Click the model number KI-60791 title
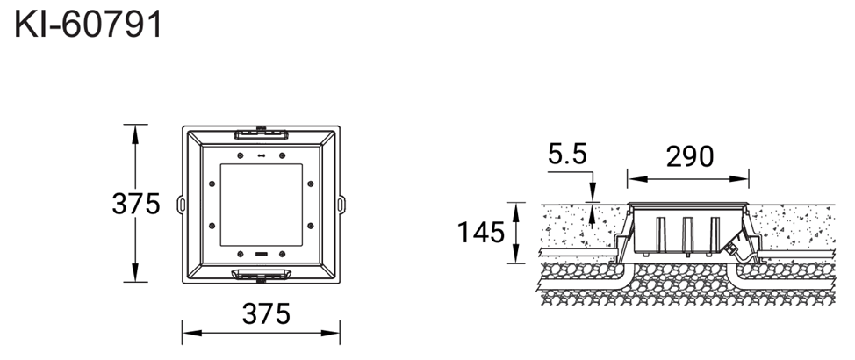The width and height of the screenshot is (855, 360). (89, 24)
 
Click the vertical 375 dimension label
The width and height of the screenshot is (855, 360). (136, 204)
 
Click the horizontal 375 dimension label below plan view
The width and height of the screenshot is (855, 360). (266, 313)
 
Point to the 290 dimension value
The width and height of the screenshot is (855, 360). (690, 156)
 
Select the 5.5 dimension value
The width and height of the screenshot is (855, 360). (568, 154)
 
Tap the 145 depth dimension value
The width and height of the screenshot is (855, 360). (481, 233)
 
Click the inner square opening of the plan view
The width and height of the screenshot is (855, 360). (262, 205)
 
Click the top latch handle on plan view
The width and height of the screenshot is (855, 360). (262, 133)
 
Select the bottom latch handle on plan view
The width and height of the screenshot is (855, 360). (262, 274)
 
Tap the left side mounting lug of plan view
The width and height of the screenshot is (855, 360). (181, 205)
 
